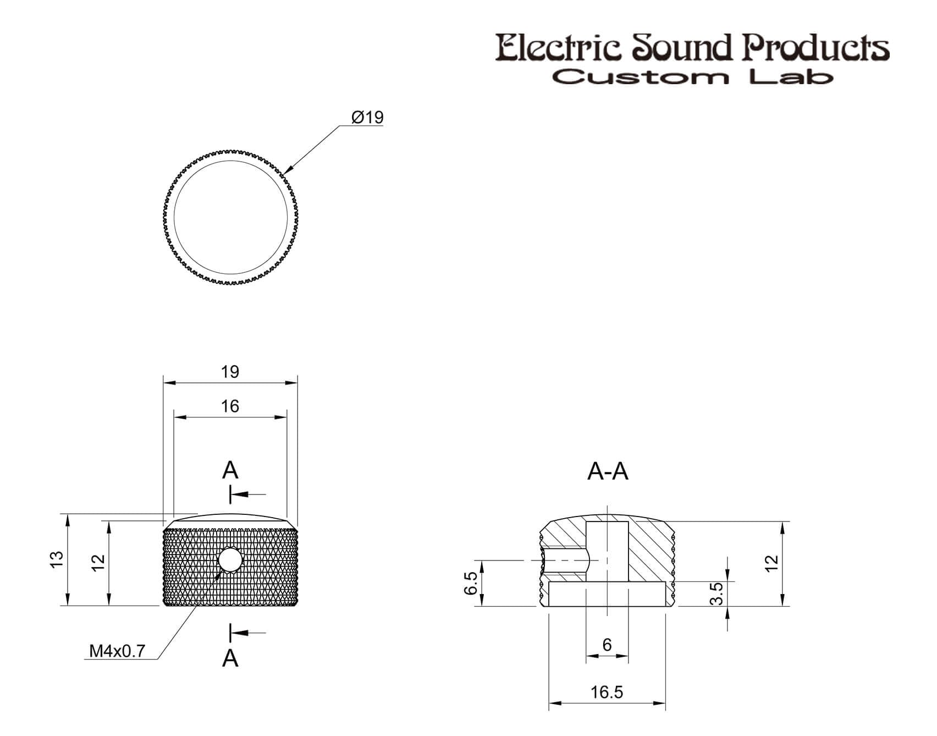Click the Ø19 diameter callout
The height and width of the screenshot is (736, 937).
367,118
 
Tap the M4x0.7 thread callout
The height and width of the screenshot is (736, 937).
117,651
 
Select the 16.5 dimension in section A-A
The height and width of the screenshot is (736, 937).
607,692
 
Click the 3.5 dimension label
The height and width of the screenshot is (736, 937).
716,594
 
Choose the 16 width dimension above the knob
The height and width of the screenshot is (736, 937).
230,406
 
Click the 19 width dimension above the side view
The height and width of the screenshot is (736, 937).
230,372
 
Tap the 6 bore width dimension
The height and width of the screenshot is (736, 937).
607,645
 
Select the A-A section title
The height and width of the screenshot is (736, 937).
608,471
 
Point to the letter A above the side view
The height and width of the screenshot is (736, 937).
230,470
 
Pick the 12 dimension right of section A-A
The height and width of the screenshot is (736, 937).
773,563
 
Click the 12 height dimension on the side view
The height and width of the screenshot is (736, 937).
98,562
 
